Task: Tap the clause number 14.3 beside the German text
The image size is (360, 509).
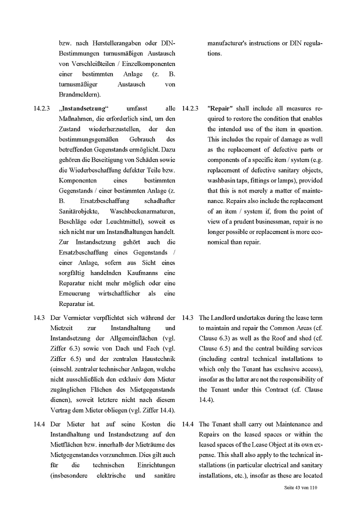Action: [40, 317]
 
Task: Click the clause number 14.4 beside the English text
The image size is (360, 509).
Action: [188, 424]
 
